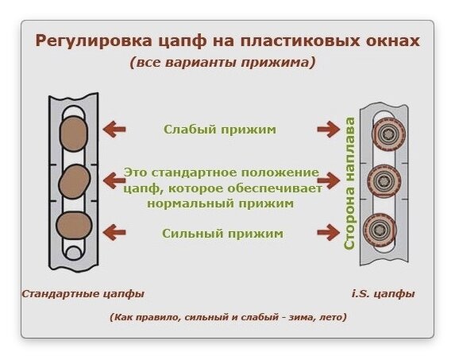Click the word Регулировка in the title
tap(94, 41)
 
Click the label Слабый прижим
tap(220, 130)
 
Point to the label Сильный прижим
tap(222, 233)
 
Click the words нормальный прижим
tap(220, 203)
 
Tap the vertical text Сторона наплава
tap(349, 184)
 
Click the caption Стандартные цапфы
tap(83, 294)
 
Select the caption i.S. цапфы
tap(383, 294)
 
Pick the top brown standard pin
tap(74, 134)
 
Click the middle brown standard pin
tap(75, 181)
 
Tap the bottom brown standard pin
tap(74, 225)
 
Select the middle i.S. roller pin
tap(384, 181)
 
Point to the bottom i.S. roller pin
tap(380, 229)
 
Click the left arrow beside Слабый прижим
tap(114, 130)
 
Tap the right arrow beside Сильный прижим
tap(329, 232)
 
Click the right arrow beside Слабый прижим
tap(329, 130)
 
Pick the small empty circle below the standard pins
tap(74, 253)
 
